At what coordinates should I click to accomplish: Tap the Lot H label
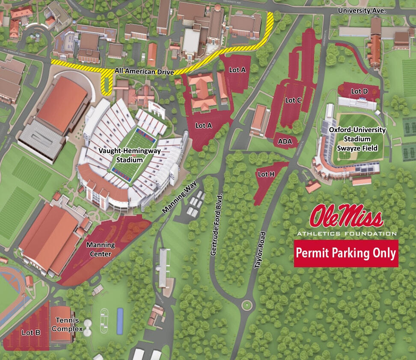pos(266,174)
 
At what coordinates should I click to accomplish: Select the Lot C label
pos(293,100)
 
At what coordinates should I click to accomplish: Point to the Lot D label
pos(359,91)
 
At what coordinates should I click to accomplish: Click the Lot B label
pos(31,332)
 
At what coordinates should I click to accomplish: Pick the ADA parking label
pos(285,141)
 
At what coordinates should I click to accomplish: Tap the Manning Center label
pos(101,249)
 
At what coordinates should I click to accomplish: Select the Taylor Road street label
pos(260,250)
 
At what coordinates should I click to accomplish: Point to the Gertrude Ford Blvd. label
pos(217,225)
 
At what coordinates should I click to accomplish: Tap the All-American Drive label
pos(144,71)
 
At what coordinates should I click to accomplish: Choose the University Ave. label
pos(362,10)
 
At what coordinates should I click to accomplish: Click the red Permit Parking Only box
pos(346,253)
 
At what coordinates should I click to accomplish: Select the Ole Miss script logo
pos(347,216)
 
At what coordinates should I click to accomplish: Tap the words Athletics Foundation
pos(347,233)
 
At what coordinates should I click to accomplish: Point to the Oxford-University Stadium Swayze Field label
pos(357,139)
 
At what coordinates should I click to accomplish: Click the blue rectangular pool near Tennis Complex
pos(120,321)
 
